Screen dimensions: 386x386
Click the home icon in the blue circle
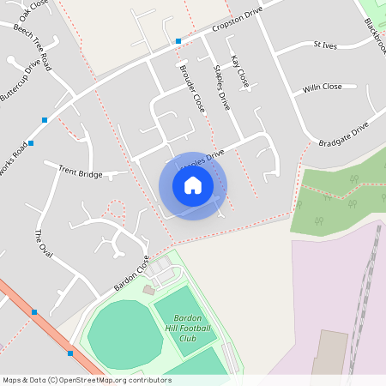193,185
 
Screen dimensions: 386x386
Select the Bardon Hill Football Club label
187,328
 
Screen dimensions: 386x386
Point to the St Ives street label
327,44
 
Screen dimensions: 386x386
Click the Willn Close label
322,87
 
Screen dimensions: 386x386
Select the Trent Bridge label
80,173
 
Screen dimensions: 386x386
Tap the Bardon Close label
131,272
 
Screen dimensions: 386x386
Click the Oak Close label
34,9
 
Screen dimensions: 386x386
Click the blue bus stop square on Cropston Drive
178,41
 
